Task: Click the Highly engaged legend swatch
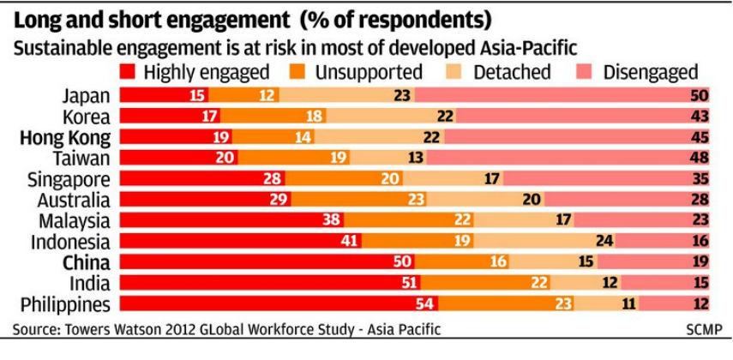[x=130, y=71]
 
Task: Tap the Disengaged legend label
[x=651, y=71]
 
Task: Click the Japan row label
[x=87, y=95]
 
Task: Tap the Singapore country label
[x=69, y=178]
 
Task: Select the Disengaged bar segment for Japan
[x=566, y=95]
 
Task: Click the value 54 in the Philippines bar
[x=424, y=303]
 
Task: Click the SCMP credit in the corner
[x=705, y=330]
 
